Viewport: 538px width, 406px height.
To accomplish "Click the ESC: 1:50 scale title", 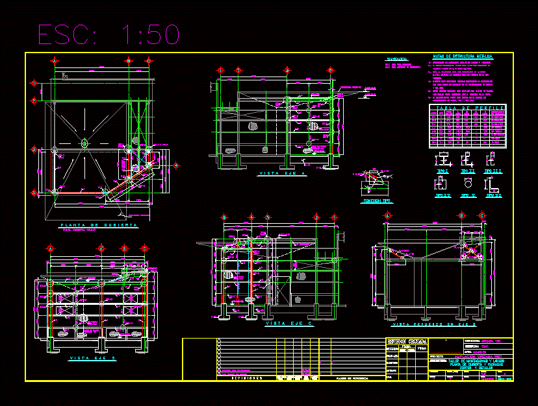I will coord(109,34).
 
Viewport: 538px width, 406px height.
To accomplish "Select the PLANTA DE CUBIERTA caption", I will coord(99,225).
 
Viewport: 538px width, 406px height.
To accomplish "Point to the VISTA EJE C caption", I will coord(288,322).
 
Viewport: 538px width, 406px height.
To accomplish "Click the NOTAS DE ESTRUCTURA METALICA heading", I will coord(462,57).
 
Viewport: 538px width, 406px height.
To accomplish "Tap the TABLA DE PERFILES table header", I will coord(467,108).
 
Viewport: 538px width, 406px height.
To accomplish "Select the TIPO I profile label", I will coord(442,171).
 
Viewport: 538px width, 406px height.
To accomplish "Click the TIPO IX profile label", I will coord(442,195).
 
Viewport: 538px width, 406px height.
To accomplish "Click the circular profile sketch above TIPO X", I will coord(468,184).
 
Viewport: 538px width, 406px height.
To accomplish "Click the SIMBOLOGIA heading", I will coord(396,58).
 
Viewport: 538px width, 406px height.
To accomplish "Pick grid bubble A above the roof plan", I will coord(55,61).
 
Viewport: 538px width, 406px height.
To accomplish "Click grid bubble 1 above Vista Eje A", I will coord(220,70).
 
